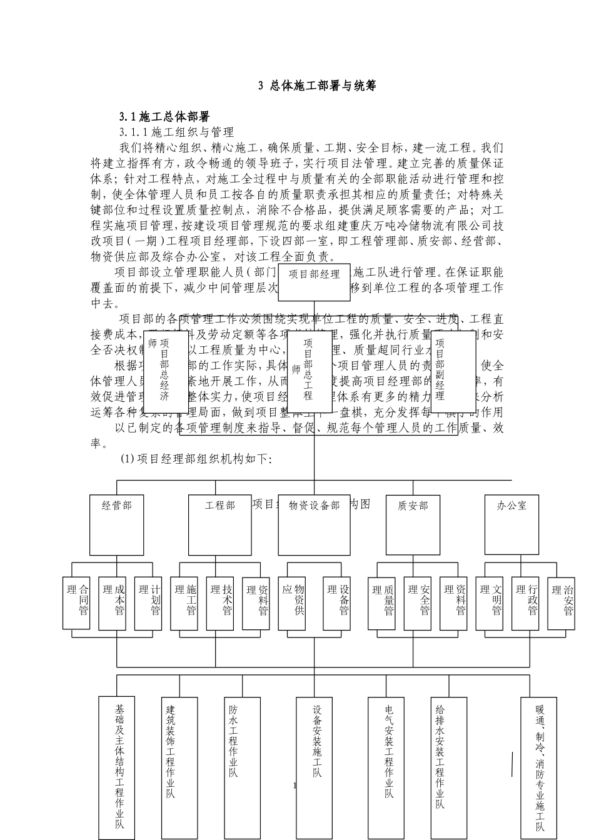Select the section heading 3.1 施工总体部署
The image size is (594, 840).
point(164,116)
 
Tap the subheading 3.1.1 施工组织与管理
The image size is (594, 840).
point(177,132)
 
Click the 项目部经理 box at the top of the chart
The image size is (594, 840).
point(314,282)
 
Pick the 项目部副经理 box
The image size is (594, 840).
point(453,371)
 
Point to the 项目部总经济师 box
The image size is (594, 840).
point(165,371)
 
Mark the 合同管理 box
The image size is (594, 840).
point(78,603)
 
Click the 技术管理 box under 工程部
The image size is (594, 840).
point(222,603)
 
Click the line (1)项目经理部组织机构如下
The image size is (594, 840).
point(196,459)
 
